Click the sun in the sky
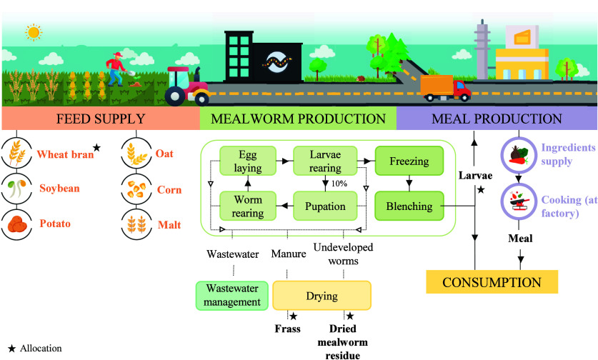pyautogui.click(x=34, y=32)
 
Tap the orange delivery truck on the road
pyautogui.click(x=445, y=89)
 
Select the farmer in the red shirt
pyautogui.click(x=116, y=69)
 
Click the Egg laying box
pyautogui.click(x=248, y=161)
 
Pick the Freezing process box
pyautogui.click(x=409, y=161)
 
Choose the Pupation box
pyautogui.click(x=325, y=206)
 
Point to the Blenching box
pyautogui.click(x=409, y=206)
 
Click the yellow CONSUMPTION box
pyautogui.click(x=492, y=282)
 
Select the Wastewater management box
pyautogui.click(x=232, y=296)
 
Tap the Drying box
pyautogui.click(x=322, y=296)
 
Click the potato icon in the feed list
pyautogui.click(x=16, y=224)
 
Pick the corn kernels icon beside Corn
pyautogui.click(x=136, y=189)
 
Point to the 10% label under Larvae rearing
pyautogui.click(x=339, y=184)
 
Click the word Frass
pyautogui.click(x=287, y=329)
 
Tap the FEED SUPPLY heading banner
pyautogui.click(x=101, y=119)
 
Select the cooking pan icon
pyautogui.click(x=518, y=201)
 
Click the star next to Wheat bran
pyautogui.click(x=97, y=147)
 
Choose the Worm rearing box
pyautogui.click(x=248, y=206)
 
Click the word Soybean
pyautogui.click(x=59, y=189)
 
